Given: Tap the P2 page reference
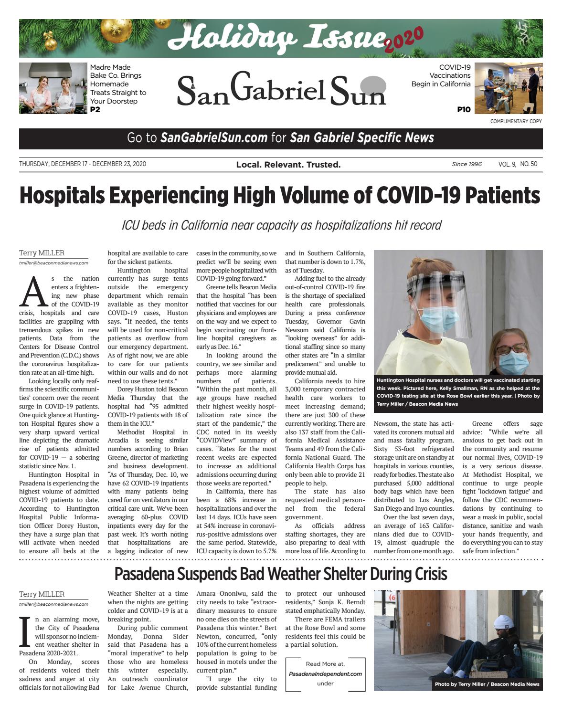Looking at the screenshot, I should (x=95, y=110).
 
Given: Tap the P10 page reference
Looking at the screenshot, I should (x=463, y=110).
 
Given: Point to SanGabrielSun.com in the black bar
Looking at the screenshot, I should (x=213, y=138).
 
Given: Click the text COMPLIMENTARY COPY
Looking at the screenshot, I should (x=516, y=121).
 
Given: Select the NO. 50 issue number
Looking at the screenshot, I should (x=529, y=164).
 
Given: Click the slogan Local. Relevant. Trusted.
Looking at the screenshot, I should (x=288, y=165).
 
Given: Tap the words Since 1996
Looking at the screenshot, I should (x=467, y=164).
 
